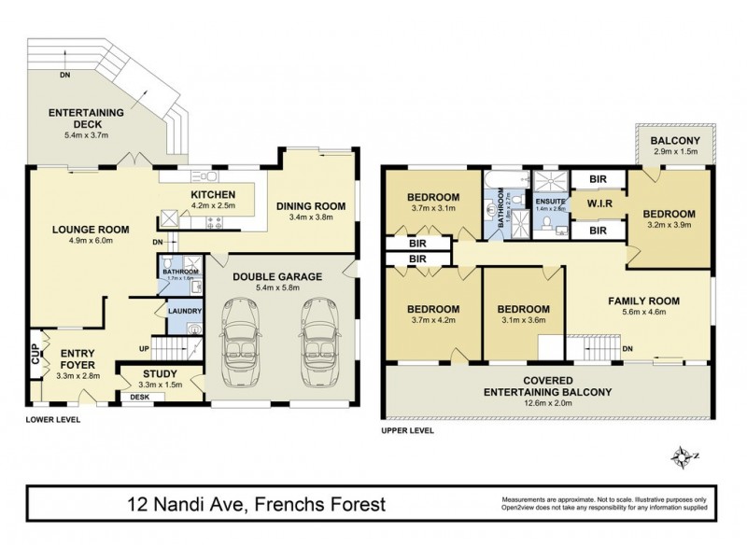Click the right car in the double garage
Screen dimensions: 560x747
pyautogui.click(x=317, y=343)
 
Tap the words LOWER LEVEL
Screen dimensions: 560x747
pyautogui.click(x=53, y=420)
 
